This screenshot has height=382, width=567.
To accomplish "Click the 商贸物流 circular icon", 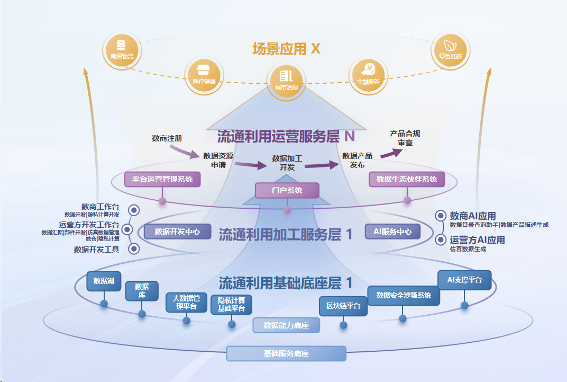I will (x=121, y=50).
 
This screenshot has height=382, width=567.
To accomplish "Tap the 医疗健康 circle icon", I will (x=201, y=75).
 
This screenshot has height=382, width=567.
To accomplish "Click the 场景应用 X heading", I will (x=286, y=49).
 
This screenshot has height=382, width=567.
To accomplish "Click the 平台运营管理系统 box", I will (x=162, y=179).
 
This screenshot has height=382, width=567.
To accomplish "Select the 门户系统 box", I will (x=287, y=190).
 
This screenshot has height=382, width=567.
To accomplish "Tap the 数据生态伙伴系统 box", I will (x=407, y=179).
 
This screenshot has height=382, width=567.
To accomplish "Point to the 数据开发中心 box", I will (x=177, y=232).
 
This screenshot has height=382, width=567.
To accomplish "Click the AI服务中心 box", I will (x=392, y=232).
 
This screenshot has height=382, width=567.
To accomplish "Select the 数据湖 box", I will (x=104, y=281).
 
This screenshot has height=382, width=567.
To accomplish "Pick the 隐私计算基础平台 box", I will (x=231, y=305).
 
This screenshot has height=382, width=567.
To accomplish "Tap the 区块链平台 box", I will (x=343, y=306).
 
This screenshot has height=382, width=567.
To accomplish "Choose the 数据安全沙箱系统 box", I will (x=404, y=295).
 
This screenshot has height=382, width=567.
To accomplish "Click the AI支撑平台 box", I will (x=464, y=280).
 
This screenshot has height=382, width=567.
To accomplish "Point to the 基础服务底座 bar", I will (x=286, y=353).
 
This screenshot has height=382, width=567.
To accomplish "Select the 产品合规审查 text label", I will (x=405, y=138).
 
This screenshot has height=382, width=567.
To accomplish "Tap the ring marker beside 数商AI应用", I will (x=441, y=216).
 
